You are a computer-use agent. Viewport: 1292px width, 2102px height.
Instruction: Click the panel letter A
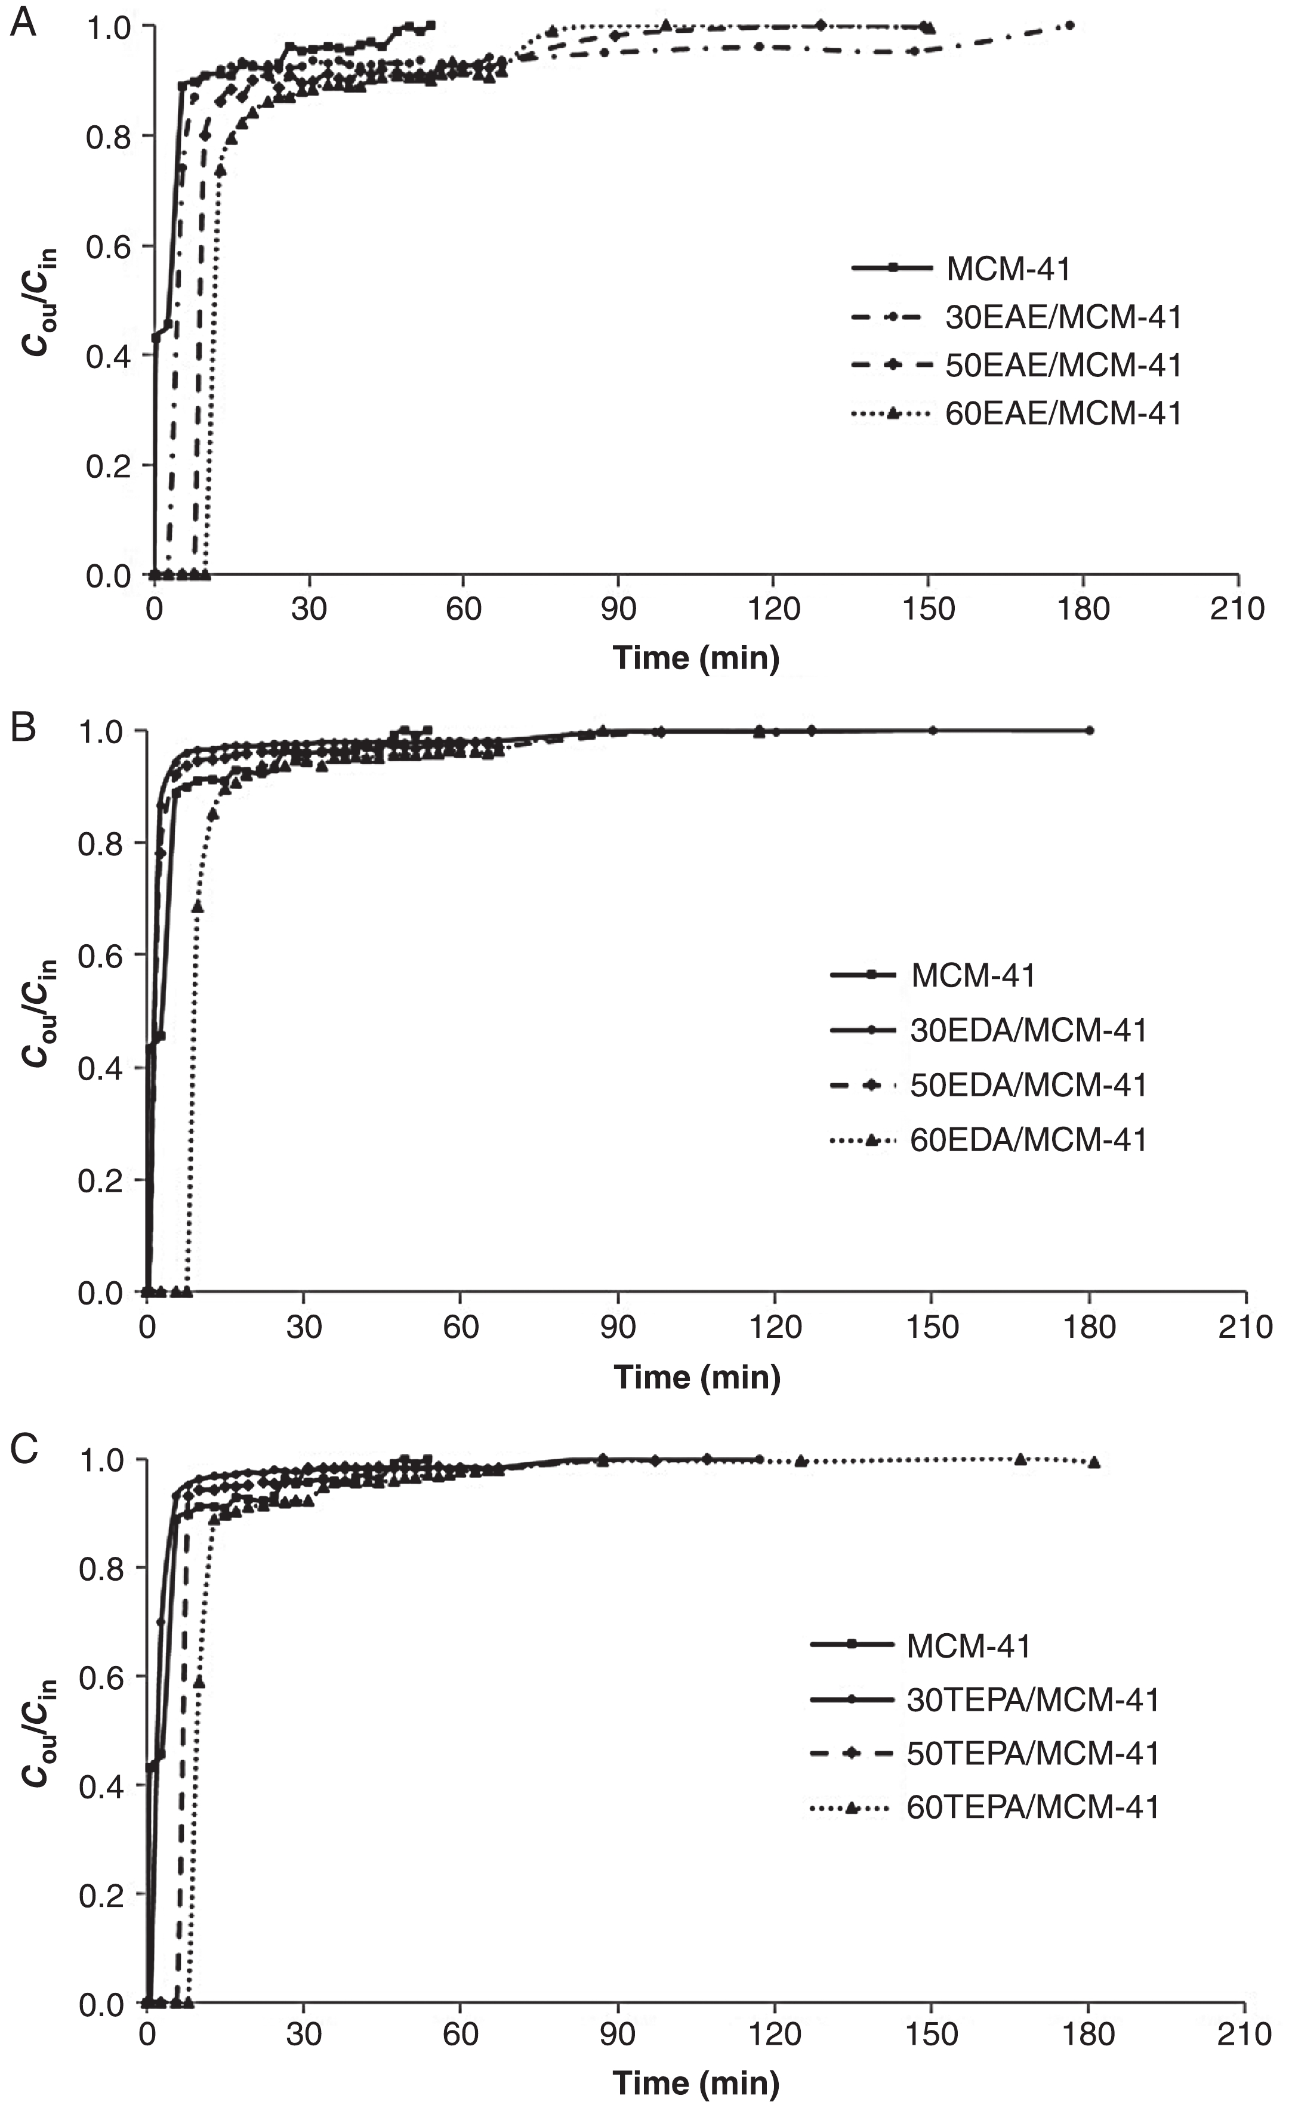[23, 23]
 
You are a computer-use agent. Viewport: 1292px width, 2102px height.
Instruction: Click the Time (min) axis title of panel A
[696, 658]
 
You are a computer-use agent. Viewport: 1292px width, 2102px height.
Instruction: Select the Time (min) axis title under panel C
[696, 2082]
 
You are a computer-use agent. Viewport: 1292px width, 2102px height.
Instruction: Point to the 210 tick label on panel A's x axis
[1237, 608]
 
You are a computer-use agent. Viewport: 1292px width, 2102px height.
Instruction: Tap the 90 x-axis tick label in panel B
[617, 1327]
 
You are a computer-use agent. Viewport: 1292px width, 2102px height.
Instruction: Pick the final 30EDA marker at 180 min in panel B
[1090, 730]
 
